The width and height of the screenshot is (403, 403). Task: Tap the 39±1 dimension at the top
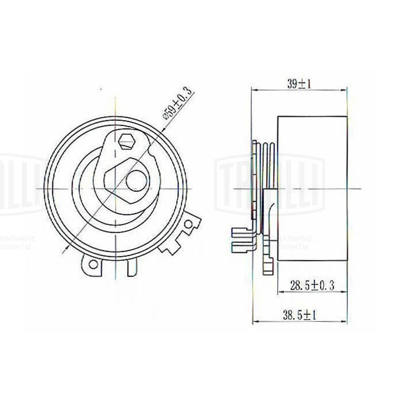tap(299, 83)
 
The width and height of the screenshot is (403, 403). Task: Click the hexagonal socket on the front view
tap(127, 140)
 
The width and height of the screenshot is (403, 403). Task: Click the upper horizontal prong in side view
tap(240, 233)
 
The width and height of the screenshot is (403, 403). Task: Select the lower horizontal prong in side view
tap(240, 247)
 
